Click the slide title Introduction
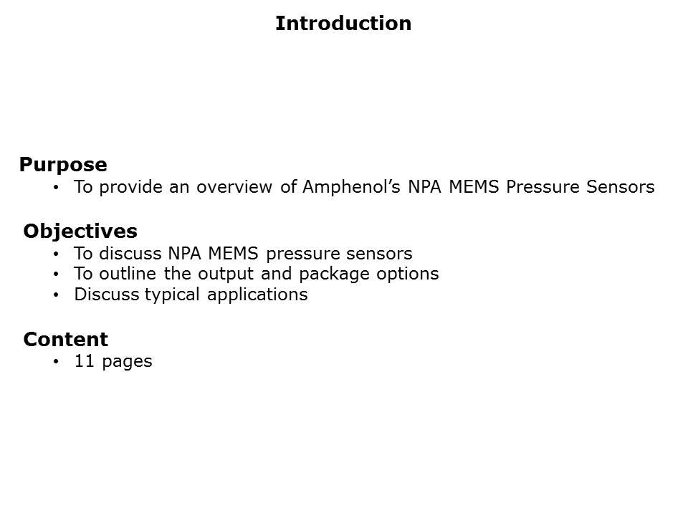point(343,24)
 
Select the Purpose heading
point(63,165)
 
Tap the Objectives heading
point(80,231)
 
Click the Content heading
point(66,339)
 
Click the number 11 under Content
point(85,361)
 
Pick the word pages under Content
point(127,361)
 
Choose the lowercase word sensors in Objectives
point(381,254)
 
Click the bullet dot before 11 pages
point(57,362)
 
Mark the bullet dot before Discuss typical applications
point(57,295)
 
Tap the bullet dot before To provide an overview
point(57,188)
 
